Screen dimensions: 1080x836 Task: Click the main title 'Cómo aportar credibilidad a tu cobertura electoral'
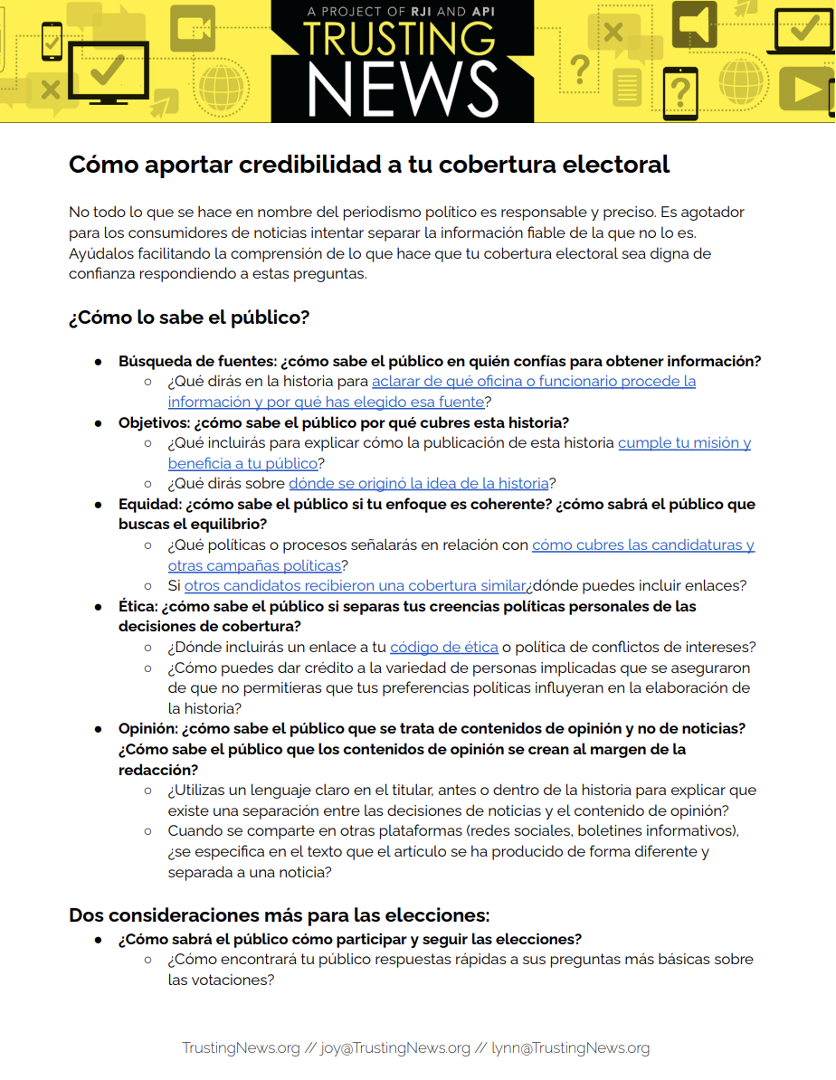click(369, 165)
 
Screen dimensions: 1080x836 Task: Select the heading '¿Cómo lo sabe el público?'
click(189, 317)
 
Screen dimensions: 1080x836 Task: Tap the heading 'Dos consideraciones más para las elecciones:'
click(279, 914)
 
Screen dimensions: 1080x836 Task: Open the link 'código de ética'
click(443, 647)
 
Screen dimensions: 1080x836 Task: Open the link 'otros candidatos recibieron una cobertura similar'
click(355, 585)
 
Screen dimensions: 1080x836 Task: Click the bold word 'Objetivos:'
click(154, 422)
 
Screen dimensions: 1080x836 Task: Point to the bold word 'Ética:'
click(138, 606)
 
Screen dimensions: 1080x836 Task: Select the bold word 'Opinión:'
click(148, 728)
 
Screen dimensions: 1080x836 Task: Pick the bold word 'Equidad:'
click(150, 504)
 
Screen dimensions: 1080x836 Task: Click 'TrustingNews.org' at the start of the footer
click(241, 1048)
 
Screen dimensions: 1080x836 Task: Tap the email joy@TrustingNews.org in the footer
click(394, 1048)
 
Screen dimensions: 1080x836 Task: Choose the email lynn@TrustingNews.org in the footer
click(570, 1048)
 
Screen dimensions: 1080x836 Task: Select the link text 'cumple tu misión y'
click(684, 442)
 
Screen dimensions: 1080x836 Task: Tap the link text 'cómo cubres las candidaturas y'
click(642, 545)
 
